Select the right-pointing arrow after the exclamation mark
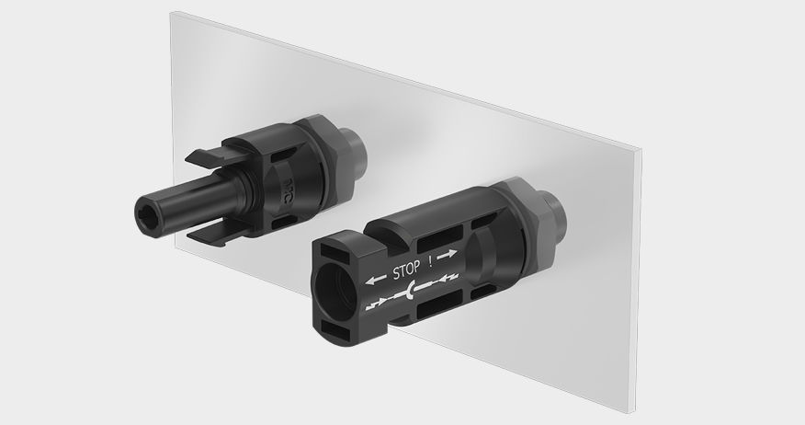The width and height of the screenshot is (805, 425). coord(447,254)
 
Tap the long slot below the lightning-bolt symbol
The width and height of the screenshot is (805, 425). coord(430,317)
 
